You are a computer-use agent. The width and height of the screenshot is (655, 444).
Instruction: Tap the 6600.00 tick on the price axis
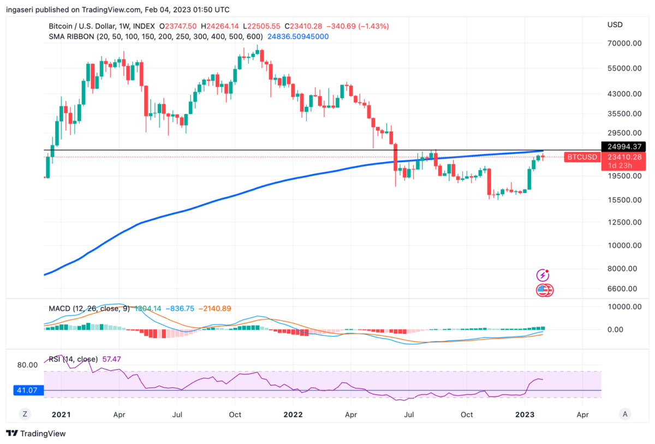(624, 289)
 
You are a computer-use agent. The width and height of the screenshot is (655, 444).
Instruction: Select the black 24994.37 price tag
(623, 147)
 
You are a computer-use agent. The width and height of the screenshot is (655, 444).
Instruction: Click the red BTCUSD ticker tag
(582, 157)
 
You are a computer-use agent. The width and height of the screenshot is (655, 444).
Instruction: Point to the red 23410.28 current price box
(623, 157)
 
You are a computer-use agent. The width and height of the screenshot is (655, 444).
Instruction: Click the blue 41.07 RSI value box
(25, 391)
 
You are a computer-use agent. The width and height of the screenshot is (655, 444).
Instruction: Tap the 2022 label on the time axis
(294, 415)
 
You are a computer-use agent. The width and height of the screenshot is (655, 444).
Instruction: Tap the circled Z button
(25, 414)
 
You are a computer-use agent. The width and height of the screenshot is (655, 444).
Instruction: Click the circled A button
(626, 414)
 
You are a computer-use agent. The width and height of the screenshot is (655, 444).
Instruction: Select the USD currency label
(615, 25)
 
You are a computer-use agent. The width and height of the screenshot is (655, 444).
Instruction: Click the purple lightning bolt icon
(543, 275)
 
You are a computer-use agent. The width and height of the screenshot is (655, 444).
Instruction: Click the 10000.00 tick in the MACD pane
(624, 307)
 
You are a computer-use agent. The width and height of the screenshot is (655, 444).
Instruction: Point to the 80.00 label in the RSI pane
(27, 365)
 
